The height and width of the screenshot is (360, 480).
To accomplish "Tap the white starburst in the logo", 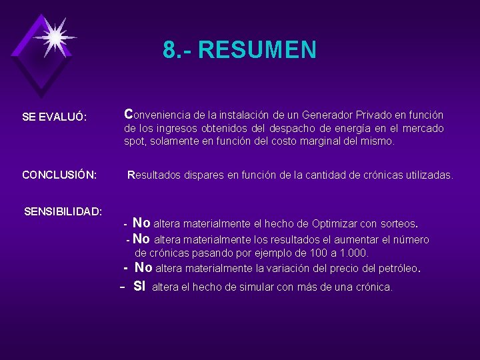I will coord(55,37).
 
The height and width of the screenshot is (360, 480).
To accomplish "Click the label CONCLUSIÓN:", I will coord(60,175).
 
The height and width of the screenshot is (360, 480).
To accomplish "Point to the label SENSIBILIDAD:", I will coord(63,211).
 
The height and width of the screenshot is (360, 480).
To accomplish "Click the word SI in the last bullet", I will coord(139,287).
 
